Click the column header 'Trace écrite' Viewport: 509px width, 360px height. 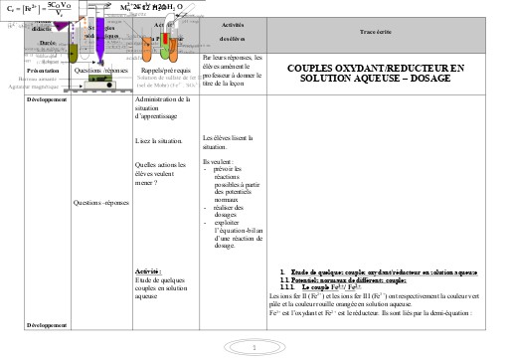pos(378,30)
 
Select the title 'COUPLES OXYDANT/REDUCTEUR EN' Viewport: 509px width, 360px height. pos(376,67)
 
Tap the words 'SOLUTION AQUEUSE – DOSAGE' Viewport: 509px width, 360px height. pos(376,78)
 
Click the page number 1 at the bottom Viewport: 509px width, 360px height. pos(254,346)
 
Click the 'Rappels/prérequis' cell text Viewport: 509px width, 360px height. pos(164,71)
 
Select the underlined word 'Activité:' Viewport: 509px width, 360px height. pos(147,271)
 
